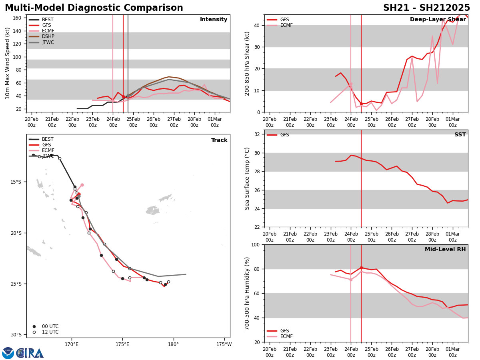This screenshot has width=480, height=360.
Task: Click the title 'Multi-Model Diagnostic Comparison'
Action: (94, 8)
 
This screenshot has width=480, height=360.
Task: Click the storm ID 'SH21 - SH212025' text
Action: (426, 8)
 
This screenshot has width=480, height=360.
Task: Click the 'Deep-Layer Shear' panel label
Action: (438, 20)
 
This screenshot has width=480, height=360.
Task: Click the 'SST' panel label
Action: (460, 135)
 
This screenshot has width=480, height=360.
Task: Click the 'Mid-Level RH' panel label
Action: (445, 250)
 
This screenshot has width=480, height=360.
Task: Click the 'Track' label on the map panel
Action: (219, 140)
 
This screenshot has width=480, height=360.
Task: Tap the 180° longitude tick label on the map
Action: (173, 344)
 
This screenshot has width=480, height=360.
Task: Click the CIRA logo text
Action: (30, 353)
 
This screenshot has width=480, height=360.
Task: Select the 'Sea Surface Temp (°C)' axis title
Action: (247, 178)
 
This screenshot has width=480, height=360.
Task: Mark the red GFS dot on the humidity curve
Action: (361, 268)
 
